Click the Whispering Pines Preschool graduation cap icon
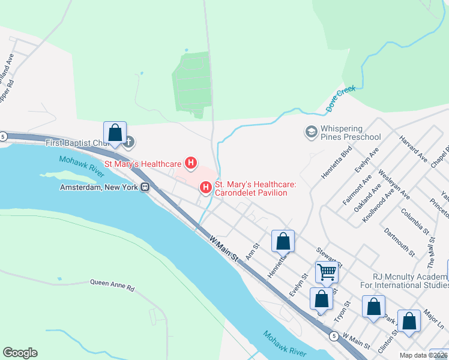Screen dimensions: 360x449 [x=311, y=131]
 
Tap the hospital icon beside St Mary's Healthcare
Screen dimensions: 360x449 [x=191, y=163]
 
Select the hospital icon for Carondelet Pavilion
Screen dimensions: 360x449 [x=206, y=188]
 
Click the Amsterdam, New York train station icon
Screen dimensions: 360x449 [x=145, y=187]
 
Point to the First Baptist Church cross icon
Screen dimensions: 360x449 [x=128, y=142]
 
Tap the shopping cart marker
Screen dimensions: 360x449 [x=327, y=271]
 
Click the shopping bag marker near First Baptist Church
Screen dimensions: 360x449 [x=115, y=132]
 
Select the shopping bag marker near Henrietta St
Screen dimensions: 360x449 [x=283, y=241]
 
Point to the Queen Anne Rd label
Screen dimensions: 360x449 [x=112, y=285]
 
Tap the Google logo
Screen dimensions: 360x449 [x=20, y=353]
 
